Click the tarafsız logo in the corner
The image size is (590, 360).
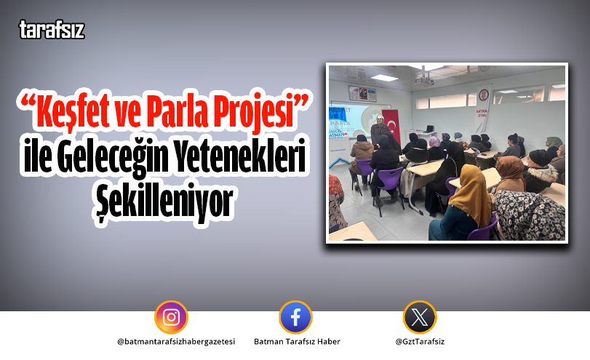[x=52, y=31]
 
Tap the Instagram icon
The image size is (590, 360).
[x=171, y=317]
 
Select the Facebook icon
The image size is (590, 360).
[x=295, y=317]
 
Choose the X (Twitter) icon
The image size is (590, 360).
[x=420, y=317]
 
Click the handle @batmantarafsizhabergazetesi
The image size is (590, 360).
[x=175, y=341]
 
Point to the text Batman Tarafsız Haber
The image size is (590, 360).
[x=297, y=341]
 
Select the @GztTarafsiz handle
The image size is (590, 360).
[x=420, y=341]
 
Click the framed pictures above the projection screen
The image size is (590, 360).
[x=359, y=93]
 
